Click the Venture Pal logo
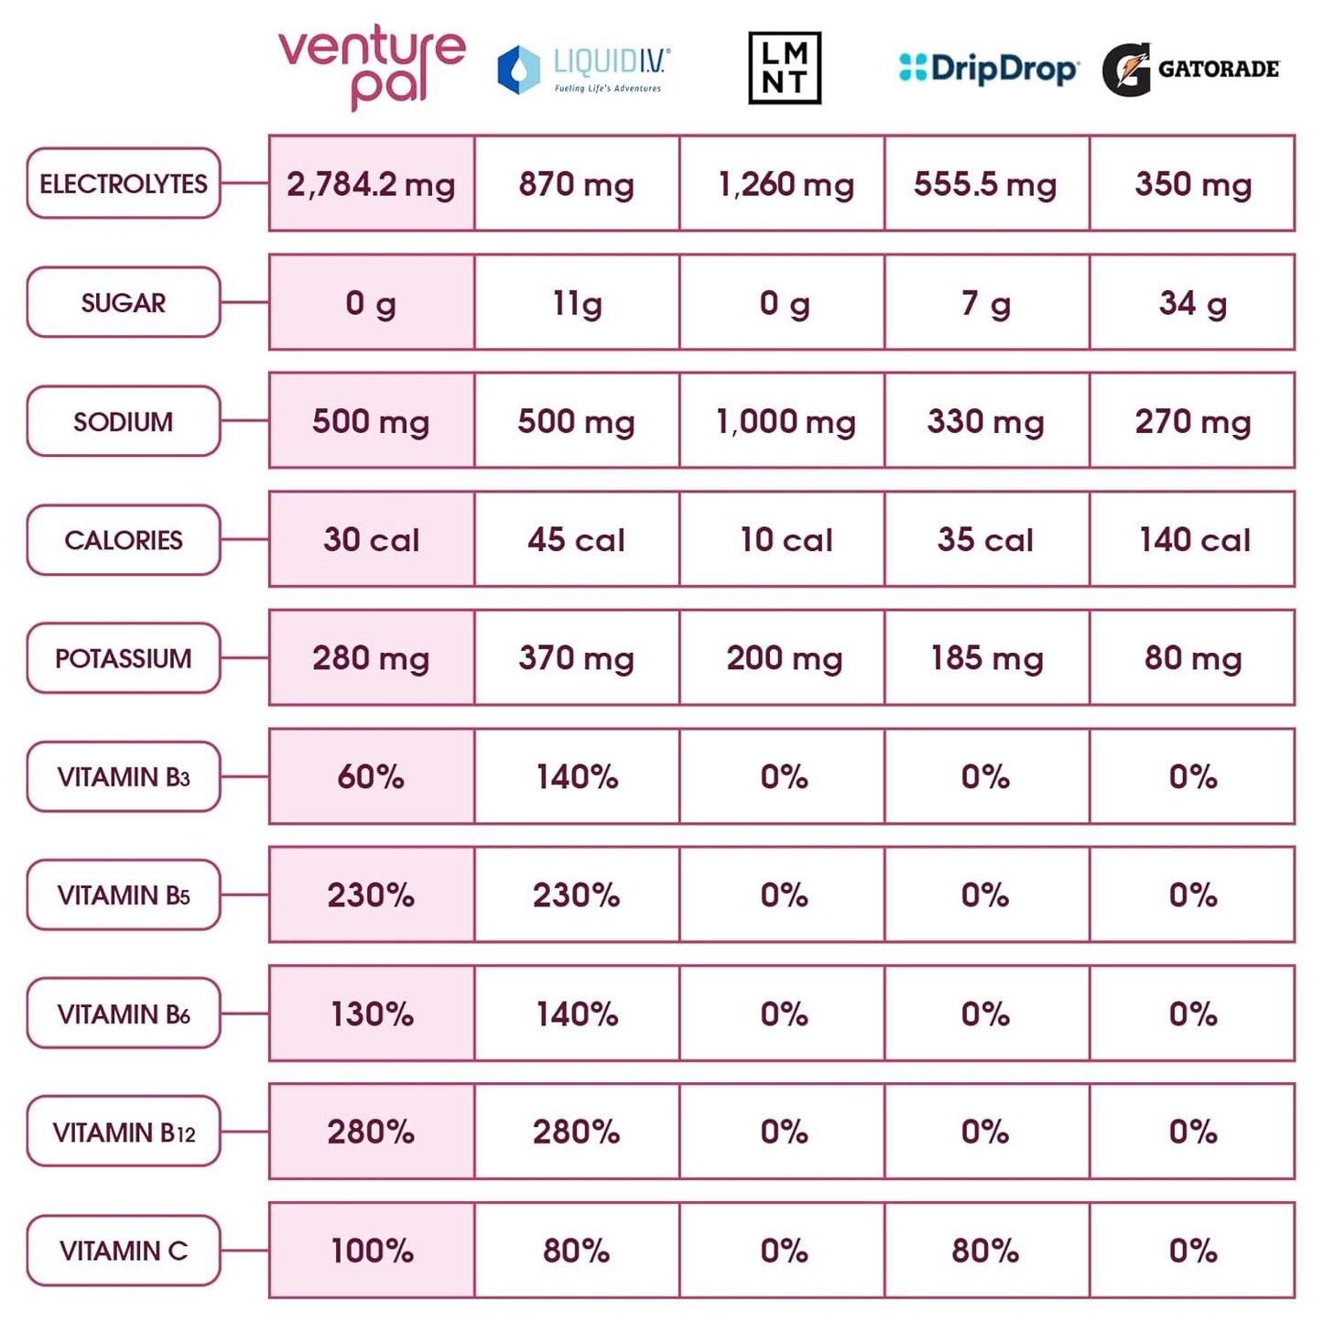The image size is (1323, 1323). pyautogui.click(x=371, y=68)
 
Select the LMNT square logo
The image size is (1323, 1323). pyautogui.click(x=785, y=69)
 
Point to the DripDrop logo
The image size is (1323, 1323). pyautogui.click(x=989, y=69)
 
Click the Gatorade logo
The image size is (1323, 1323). pyautogui.click(x=1191, y=69)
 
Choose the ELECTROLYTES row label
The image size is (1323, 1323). pyautogui.click(x=124, y=184)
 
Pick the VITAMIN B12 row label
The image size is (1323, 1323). pyautogui.click(x=124, y=1133)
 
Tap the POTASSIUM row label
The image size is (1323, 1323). pyautogui.click(x=124, y=658)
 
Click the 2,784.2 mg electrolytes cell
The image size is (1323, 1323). pyautogui.click(x=372, y=184)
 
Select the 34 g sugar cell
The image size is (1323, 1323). pyautogui.click(x=1192, y=303)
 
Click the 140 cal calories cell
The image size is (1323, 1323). pyautogui.click(x=1192, y=540)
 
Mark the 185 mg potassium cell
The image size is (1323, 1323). pyautogui.click(x=987, y=658)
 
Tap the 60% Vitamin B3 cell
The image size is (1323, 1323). pyautogui.click(x=372, y=776)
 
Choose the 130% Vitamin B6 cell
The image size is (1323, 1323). pyautogui.click(x=372, y=1014)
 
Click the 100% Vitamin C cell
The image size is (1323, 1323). pyautogui.click(x=372, y=1251)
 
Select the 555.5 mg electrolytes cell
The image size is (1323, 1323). pyautogui.click(x=987, y=184)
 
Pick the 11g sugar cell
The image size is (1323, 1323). pyautogui.click(x=577, y=303)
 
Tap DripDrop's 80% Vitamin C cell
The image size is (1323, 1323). pyautogui.click(x=987, y=1251)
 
